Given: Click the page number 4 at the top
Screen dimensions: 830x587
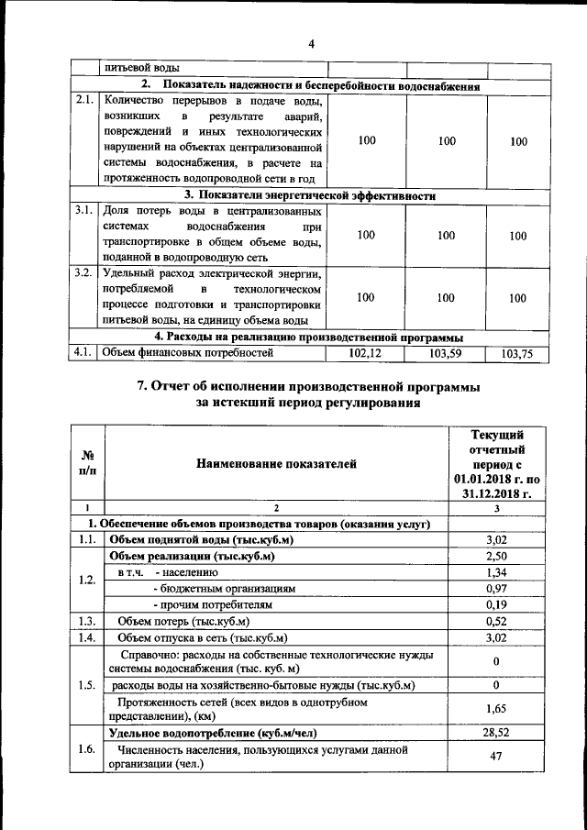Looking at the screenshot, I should click(311, 44).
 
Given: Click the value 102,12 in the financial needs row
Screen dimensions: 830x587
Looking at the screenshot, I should click(366, 353).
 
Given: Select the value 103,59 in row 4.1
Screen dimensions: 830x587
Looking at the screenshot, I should click(447, 353).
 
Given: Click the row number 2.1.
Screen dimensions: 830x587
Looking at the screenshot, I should click(84, 101).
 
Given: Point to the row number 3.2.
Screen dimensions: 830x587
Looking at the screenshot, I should click(84, 273).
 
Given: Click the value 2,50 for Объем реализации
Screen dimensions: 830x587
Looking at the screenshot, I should click(496, 556).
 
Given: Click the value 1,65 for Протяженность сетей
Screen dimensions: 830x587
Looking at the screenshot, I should click(496, 709).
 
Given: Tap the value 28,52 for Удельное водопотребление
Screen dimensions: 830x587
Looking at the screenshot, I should click(496, 733).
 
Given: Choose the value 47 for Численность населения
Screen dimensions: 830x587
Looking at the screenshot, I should click(496, 757).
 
